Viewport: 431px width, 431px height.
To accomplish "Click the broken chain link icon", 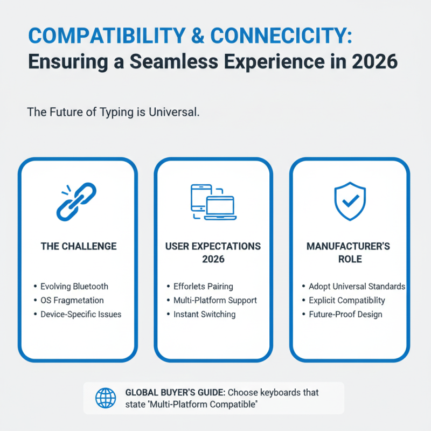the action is click(x=77, y=201).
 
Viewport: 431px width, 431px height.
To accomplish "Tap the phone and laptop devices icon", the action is click(x=213, y=202).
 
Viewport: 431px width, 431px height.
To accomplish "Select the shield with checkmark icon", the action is click(x=350, y=201).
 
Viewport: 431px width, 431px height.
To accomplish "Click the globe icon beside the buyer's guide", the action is click(x=106, y=398).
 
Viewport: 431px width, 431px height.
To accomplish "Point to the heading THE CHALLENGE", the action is click(x=79, y=246).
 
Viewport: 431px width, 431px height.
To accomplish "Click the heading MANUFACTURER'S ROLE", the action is click(x=348, y=253).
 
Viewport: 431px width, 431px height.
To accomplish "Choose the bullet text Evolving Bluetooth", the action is click(x=74, y=287).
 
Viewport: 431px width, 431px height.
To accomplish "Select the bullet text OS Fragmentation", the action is click(x=72, y=300).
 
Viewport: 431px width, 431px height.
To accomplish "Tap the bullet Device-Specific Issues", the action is click(x=81, y=314).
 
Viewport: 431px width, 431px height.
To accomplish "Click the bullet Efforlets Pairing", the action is click(x=203, y=287).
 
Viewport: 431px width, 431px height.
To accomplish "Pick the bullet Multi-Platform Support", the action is click(x=215, y=301).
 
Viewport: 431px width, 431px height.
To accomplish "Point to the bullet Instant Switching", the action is click(x=205, y=314).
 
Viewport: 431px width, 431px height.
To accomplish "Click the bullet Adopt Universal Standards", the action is click(x=357, y=287).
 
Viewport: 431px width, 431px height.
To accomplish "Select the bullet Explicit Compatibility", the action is click(x=347, y=301).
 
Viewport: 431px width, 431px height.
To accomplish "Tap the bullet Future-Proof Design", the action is click(x=345, y=314).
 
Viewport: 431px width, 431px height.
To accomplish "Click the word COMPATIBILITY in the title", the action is click(x=107, y=36).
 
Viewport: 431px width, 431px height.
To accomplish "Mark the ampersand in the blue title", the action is click(x=198, y=36).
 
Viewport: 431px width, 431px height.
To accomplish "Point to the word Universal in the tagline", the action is click(x=174, y=112).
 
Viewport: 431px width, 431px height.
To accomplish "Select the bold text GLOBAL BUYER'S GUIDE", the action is click(x=176, y=392).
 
